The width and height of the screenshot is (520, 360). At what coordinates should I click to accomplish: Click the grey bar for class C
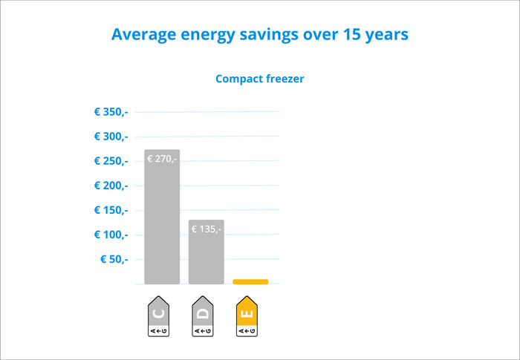click(162, 223)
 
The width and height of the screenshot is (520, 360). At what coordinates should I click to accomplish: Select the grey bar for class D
click(206, 256)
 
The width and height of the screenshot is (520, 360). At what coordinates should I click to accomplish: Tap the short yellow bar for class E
click(250, 281)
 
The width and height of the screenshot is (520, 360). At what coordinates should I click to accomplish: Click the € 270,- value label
click(162, 158)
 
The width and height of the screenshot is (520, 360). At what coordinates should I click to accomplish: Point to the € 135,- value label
click(206, 229)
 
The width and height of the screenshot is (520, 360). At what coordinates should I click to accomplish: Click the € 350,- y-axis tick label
click(111, 112)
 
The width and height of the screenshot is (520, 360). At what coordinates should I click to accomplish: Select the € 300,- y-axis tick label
click(111, 137)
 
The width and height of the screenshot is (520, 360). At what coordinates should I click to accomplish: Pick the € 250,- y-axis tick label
click(111, 161)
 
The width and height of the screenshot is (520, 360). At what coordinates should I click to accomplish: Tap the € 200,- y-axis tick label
click(111, 186)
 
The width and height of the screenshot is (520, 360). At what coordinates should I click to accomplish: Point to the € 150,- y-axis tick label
click(111, 210)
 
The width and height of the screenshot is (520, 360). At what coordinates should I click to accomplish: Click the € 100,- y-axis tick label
click(111, 235)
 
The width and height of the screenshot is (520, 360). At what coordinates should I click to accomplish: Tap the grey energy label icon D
click(203, 317)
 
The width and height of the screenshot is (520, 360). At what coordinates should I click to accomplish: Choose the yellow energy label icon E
click(247, 317)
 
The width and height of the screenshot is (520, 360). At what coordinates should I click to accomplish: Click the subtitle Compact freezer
click(260, 79)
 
